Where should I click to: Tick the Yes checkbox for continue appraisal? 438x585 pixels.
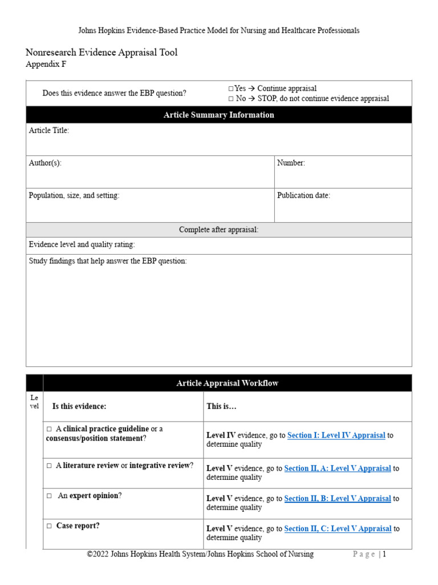pyautogui.click(x=231, y=89)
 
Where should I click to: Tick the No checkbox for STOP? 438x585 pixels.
pyautogui.click(x=231, y=98)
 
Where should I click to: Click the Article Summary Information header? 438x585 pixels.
pyautogui.click(x=218, y=115)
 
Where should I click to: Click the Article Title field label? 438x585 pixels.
pyautogui.click(x=49, y=131)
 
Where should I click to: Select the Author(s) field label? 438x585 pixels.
pyautogui.click(x=45, y=163)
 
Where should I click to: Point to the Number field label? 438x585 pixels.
pyautogui.click(x=291, y=163)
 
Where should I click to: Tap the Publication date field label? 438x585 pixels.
pyautogui.click(x=303, y=195)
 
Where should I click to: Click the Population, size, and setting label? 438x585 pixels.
pyautogui.click(x=74, y=195)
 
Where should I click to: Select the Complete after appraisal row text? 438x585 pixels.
pyautogui.click(x=218, y=230)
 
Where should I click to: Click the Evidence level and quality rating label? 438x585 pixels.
pyautogui.click(x=82, y=245)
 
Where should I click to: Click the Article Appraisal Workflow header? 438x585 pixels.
pyautogui.click(x=227, y=383)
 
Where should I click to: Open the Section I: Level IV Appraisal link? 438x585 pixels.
pyautogui.click(x=336, y=435)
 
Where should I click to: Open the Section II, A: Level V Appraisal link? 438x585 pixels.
pyautogui.click(x=337, y=468)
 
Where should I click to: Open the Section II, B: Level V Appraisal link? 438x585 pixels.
pyautogui.click(x=337, y=499)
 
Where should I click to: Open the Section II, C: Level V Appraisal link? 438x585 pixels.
pyautogui.click(x=338, y=529)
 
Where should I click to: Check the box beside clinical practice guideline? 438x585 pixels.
pyautogui.click(x=50, y=429)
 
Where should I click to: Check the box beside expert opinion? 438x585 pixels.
pyautogui.click(x=50, y=496)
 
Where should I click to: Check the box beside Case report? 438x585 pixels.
pyautogui.click(x=50, y=526)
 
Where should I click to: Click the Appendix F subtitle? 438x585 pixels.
pyautogui.click(x=46, y=65)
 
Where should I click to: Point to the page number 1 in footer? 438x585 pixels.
pyautogui.click(x=384, y=554)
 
